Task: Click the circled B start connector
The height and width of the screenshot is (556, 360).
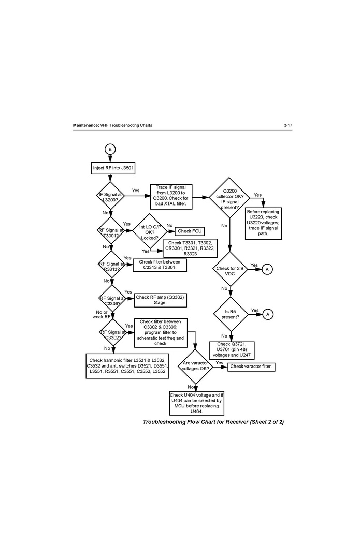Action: click(109, 149)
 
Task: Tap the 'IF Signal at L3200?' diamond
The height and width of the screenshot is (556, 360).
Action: click(111, 196)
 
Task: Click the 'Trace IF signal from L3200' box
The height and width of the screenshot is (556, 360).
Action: click(170, 197)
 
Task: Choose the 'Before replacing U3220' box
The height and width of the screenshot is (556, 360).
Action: click(263, 223)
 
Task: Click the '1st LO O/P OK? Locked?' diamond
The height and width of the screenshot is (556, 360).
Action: click(150, 231)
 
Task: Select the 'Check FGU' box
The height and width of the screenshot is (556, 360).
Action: click(190, 231)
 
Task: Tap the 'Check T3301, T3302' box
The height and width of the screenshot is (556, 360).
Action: click(190, 248)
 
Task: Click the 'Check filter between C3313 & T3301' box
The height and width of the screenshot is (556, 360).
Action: click(160, 265)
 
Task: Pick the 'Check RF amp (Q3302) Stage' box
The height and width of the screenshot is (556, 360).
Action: click(160, 300)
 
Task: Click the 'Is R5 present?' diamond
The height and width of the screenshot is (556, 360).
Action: click(229, 314)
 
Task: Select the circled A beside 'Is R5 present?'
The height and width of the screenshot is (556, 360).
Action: click(267, 314)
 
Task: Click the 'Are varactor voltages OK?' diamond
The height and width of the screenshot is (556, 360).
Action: click(196, 366)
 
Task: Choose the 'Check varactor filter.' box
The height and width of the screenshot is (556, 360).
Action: click(251, 367)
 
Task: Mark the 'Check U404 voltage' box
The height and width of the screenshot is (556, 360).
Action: click(196, 403)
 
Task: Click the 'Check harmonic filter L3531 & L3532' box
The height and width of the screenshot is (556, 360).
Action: click(127, 366)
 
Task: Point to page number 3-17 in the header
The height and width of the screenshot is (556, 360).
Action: click(288, 126)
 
